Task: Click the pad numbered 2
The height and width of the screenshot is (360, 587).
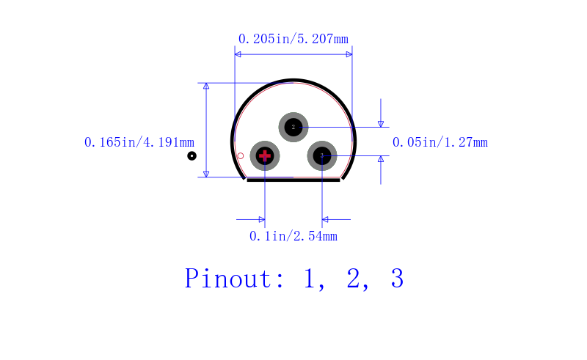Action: pyautogui.click(x=293, y=127)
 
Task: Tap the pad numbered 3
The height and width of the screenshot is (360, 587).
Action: pyautogui.click(x=322, y=155)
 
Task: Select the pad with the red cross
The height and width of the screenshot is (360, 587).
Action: pyautogui.click(x=265, y=155)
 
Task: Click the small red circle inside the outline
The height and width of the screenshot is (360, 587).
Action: pyautogui.click(x=241, y=155)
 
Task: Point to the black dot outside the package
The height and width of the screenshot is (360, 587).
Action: pyautogui.click(x=192, y=155)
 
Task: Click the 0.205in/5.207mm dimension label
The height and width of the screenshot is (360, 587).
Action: pyautogui.click(x=293, y=39)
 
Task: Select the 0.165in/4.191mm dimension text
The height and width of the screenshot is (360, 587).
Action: pyautogui.click(x=139, y=142)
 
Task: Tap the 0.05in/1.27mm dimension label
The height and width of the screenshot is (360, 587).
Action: pyautogui.click(x=440, y=142)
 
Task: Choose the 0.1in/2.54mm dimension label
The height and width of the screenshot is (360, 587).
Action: pyautogui.click(x=293, y=236)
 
